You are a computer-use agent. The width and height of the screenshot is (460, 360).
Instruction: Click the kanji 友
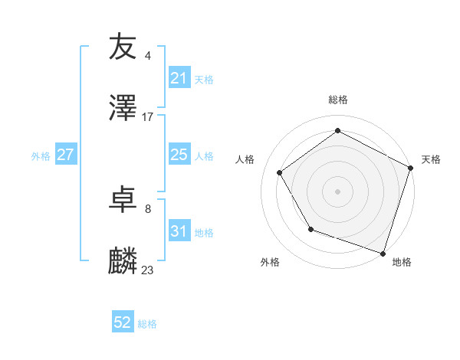click(123, 47)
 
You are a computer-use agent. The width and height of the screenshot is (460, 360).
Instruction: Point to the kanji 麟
click(123, 261)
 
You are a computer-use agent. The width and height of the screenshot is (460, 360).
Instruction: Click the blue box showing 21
click(179, 78)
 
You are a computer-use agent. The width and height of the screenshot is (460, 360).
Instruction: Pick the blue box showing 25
click(179, 155)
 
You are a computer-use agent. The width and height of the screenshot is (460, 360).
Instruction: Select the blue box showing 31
click(179, 232)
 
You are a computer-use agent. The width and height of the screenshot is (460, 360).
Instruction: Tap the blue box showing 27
click(66, 155)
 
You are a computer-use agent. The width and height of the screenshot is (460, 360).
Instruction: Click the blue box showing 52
click(123, 322)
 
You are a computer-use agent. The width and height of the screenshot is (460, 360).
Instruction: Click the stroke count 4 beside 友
click(147, 55)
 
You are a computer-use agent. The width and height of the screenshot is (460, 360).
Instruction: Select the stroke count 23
click(148, 270)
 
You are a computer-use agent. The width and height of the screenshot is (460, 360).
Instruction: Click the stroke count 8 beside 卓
click(147, 208)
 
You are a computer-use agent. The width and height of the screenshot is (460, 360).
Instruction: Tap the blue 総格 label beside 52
click(147, 324)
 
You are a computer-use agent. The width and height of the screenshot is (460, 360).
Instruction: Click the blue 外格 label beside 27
click(41, 156)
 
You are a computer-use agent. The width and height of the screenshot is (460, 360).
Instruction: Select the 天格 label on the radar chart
click(431, 159)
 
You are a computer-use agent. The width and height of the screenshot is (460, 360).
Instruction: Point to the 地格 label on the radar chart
click(402, 262)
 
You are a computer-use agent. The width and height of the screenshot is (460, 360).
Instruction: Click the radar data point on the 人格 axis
click(280, 173)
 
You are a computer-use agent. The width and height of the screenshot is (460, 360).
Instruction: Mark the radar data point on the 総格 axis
click(337, 131)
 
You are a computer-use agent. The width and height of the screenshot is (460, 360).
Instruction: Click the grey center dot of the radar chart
click(337, 191)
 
